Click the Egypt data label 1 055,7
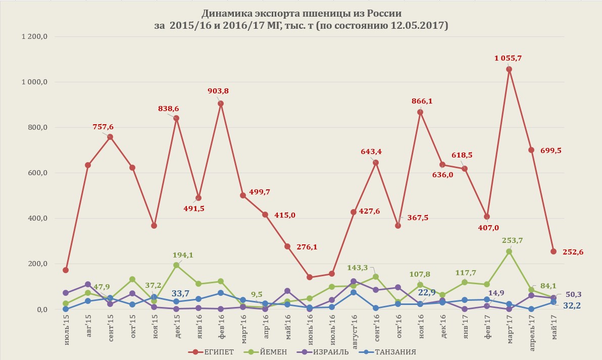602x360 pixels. click(x=508, y=59)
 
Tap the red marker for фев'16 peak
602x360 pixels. click(x=221, y=104)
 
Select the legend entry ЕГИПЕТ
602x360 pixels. click(x=212, y=351)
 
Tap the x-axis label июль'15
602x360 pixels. click(x=66, y=328)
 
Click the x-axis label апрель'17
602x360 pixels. click(x=531, y=330)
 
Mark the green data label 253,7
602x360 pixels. click(x=509, y=240)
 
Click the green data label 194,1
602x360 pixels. click(x=183, y=255)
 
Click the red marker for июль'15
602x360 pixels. click(x=66, y=270)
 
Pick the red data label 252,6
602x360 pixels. click(x=573, y=252)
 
